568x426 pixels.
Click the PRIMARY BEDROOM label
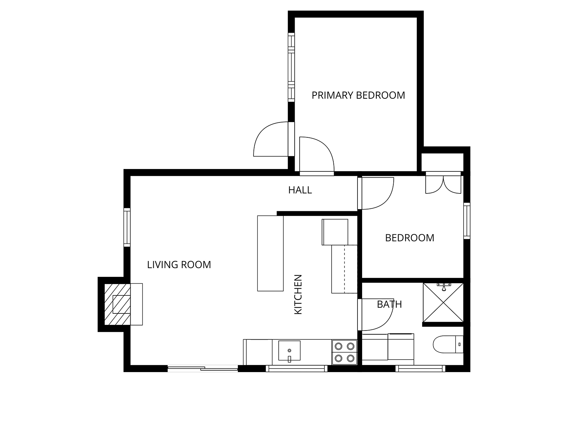click(358, 95)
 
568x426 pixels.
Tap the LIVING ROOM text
click(179, 265)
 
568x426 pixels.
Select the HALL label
click(300, 190)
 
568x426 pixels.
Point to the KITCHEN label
click(298, 295)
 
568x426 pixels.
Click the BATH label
click(389, 305)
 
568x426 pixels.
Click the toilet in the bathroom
click(448, 344)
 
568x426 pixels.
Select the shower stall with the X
click(443, 302)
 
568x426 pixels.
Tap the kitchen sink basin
click(289, 350)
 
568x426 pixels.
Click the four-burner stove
click(344, 352)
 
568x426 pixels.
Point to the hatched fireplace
click(118, 305)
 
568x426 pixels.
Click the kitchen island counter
click(271, 253)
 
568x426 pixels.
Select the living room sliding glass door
click(203, 368)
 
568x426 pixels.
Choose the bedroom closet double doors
click(443, 185)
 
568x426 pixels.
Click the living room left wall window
click(127, 227)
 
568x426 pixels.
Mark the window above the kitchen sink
click(296, 368)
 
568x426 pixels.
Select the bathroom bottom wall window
click(420, 368)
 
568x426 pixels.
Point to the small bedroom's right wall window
click(467, 221)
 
